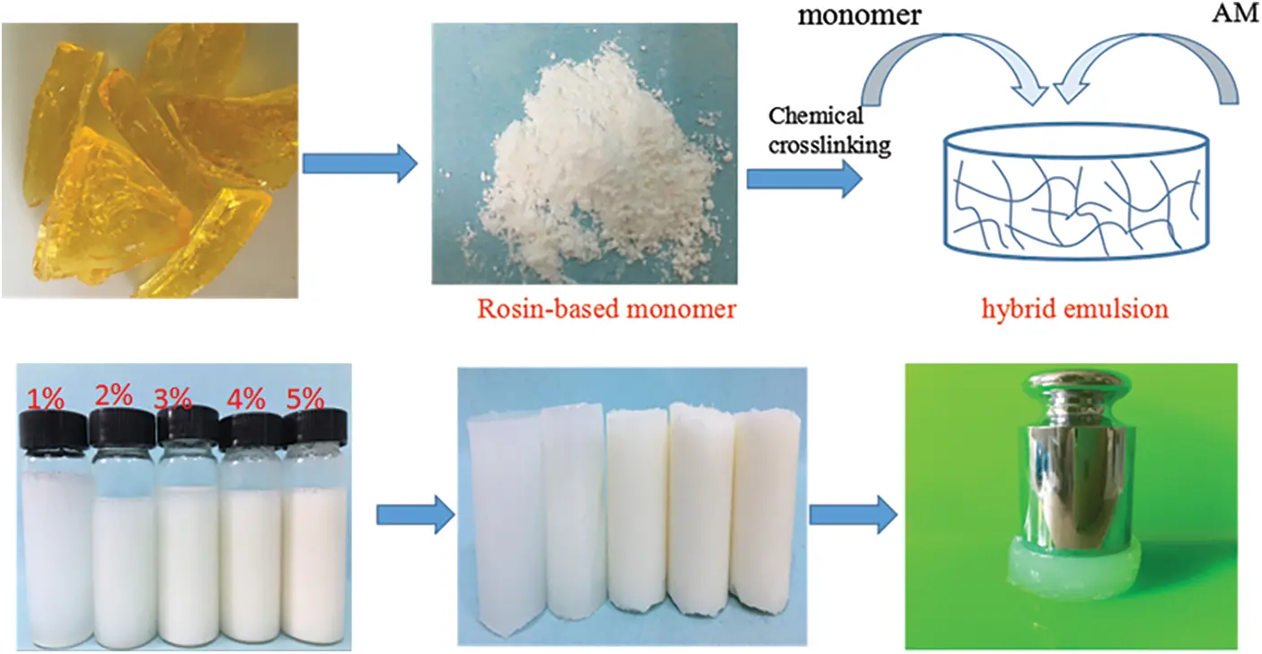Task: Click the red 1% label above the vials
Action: point(45,396)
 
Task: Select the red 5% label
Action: point(304,396)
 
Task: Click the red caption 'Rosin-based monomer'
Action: point(606,310)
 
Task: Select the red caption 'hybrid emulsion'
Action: point(1074,310)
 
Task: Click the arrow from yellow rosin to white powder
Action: point(359,163)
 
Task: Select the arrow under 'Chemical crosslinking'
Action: point(803,180)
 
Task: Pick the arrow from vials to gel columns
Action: point(413,515)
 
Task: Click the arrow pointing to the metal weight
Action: point(853,515)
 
